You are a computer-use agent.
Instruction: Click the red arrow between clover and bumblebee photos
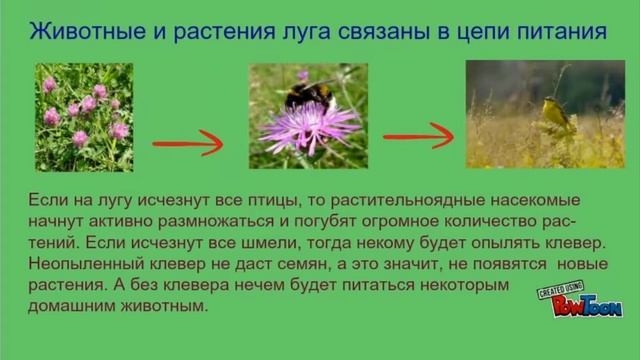[x=187, y=143]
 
